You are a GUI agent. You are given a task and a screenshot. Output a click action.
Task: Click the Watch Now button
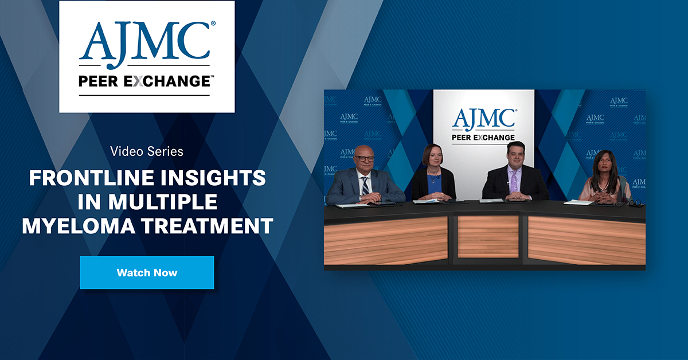[147, 272]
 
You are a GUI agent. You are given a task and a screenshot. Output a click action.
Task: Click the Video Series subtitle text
[147, 151]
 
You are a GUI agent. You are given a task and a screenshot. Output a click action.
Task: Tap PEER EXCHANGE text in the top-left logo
[147, 81]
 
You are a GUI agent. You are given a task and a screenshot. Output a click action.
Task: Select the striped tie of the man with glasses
[365, 185]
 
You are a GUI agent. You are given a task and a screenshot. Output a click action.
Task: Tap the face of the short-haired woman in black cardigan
[432, 156]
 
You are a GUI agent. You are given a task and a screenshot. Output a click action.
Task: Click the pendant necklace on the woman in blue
[433, 176]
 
